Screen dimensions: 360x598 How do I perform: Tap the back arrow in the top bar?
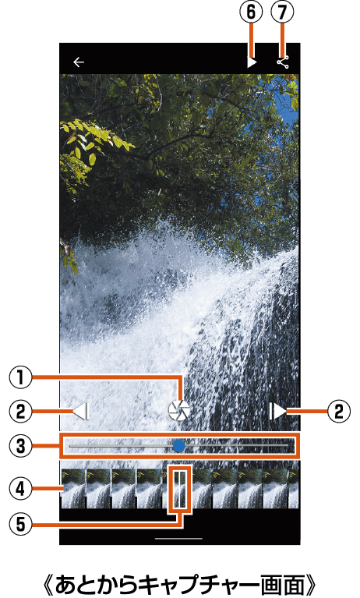pos(79,62)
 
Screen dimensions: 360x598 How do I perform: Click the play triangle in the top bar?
pos(252,62)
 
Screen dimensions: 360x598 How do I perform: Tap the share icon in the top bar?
pos(283,62)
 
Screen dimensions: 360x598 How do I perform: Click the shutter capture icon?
pos(179,411)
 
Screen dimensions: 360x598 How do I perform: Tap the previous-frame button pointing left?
pos(81,412)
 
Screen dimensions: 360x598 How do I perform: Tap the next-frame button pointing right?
pos(277,412)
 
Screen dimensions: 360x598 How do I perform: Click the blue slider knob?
pos(178,446)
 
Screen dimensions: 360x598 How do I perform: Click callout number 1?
pos(20,377)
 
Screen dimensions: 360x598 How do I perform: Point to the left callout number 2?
pos(20,412)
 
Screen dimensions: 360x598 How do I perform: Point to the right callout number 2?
pos(339,412)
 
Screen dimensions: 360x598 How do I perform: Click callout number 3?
pos(20,446)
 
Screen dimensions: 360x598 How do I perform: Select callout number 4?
pos(20,489)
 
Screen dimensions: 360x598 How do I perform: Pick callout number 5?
pos(20,525)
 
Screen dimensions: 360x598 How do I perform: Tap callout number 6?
pos(251,12)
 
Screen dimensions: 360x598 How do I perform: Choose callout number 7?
pos(282,12)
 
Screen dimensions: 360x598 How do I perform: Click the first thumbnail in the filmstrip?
pos(73,489)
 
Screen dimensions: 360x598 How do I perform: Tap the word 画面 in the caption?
pos(281,583)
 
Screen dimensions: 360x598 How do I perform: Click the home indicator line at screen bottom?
pos(179,539)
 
